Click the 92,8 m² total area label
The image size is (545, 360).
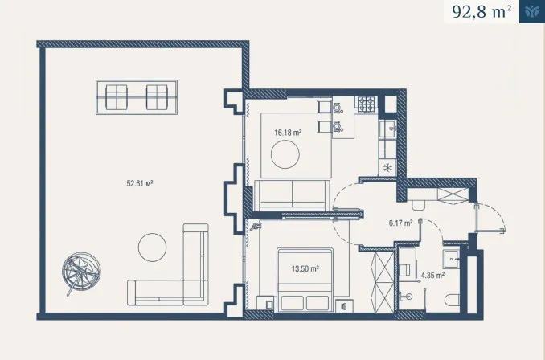481,12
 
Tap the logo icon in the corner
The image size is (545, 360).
532,11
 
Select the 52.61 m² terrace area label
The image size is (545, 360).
140,183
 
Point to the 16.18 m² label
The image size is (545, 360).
288,133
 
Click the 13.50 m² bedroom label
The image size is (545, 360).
305,268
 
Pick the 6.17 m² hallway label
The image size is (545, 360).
401,223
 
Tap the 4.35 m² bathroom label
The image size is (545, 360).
432,276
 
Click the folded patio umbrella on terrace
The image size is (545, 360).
81,272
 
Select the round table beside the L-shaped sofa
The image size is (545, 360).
152,247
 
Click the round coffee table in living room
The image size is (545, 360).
285,154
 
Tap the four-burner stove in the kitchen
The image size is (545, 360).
367,104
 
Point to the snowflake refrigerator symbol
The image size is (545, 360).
387,168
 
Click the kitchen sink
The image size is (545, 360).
387,129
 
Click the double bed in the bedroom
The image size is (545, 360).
305,280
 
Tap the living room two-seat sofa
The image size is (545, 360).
292,195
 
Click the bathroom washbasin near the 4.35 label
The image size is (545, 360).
451,258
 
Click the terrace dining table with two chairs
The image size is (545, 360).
137,97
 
